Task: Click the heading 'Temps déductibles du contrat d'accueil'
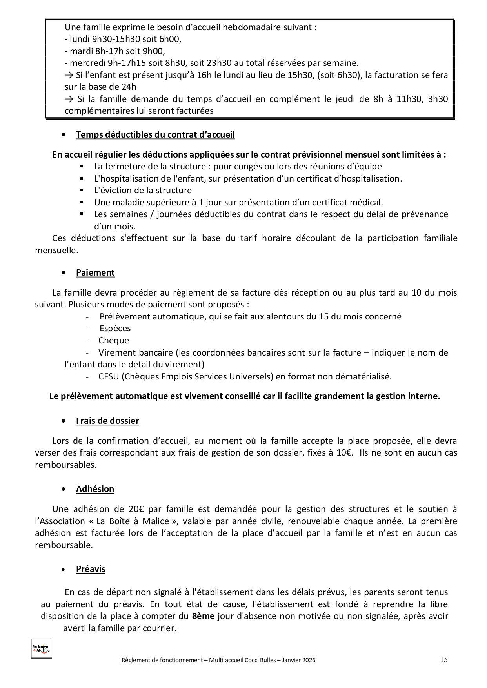coord(155,135)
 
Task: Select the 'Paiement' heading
coord(95,273)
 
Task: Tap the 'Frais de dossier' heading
coord(107,421)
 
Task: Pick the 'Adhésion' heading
coord(95,489)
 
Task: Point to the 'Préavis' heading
coord(91,569)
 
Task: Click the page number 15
coord(444,659)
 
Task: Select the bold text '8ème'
coord(203,616)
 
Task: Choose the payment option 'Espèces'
coord(115,329)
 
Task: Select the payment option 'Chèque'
coord(114,341)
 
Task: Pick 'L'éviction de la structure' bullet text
coord(143,191)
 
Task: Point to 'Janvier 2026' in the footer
coord(300,660)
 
